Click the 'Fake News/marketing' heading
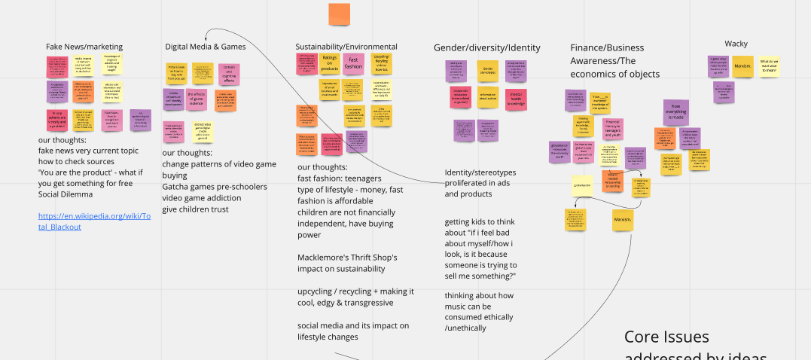click(84, 47)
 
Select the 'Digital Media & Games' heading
click(206, 47)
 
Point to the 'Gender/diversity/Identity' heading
click(486, 47)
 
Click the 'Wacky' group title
click(736, 44)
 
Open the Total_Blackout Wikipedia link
click(95, 221)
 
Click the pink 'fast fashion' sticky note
click(353, 63)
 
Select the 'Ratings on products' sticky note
click(329, 63)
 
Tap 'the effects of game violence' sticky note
click(197, 99)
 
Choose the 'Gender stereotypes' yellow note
click(487, 72)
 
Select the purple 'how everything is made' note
click(675, 111)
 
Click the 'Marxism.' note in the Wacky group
click(742, 66)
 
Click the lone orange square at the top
click(339, 14)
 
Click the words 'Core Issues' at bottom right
click(666, 337)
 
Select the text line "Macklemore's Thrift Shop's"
click(346, 258)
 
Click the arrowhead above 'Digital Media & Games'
click(206, 32)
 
